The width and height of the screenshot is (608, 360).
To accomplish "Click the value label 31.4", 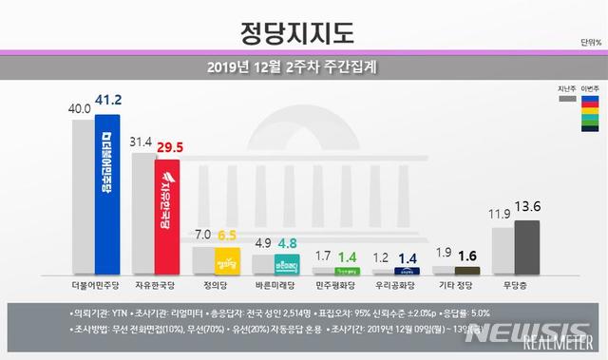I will (142, 142).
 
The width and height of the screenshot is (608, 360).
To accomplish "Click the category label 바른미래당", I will (275, 284).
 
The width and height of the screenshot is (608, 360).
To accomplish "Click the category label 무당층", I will (513, 284).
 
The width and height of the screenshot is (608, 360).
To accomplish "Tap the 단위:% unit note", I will (591, 43).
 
